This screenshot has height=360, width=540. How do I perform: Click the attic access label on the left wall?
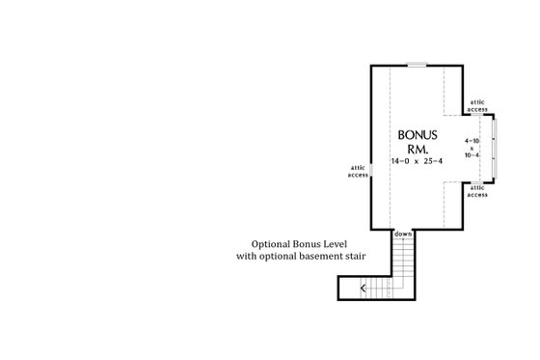tap(357, 171)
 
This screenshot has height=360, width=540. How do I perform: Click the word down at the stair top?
tap(403, 235)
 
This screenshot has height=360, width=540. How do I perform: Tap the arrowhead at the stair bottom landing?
tap(364, 288)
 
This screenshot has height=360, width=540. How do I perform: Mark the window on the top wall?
tap(416, 65)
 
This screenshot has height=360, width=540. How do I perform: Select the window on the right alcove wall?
tap(493, 147)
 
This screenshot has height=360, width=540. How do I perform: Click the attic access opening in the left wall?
tap(372, 171)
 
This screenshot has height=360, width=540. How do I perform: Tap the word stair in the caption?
tap(363, 258)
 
